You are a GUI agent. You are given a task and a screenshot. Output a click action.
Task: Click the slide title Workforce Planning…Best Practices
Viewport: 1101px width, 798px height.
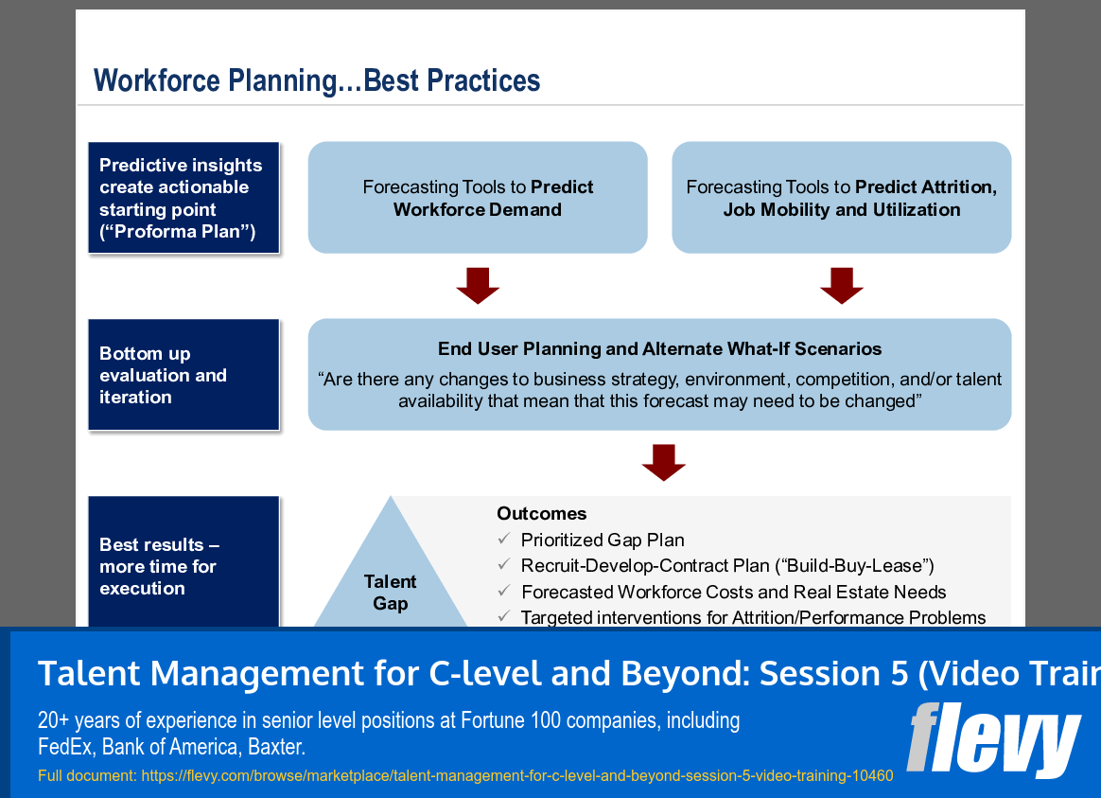point(317,80)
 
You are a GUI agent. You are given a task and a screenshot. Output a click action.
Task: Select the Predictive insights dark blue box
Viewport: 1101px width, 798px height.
point(183,198)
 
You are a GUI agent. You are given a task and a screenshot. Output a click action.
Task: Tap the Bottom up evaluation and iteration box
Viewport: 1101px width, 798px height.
point(183,375)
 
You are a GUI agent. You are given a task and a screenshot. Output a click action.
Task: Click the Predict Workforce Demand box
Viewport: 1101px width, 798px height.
point(478,198)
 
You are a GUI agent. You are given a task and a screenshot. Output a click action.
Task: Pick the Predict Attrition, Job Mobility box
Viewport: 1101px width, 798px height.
point(841,198)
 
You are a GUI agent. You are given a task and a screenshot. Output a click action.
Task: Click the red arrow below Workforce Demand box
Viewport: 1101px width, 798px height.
point(478,285)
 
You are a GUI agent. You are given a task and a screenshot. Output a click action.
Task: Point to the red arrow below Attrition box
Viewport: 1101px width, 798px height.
point(841,285)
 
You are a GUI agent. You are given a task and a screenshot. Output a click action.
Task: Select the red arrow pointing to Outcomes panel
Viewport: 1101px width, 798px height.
point(663,462)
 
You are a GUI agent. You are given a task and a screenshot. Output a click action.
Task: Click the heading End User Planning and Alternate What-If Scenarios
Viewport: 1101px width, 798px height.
point(659,349)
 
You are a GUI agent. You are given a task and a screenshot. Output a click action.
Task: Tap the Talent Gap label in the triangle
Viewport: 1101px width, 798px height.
point(390,592)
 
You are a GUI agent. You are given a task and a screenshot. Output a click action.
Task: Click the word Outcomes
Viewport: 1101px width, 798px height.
point(542,514)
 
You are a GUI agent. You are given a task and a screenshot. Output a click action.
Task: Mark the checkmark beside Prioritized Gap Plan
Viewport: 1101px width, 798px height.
point(504,540)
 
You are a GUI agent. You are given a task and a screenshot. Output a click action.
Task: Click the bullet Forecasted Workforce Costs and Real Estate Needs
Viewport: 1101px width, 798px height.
point(733,593)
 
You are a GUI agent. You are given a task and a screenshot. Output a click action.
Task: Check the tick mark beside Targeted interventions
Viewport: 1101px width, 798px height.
point(504,617)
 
